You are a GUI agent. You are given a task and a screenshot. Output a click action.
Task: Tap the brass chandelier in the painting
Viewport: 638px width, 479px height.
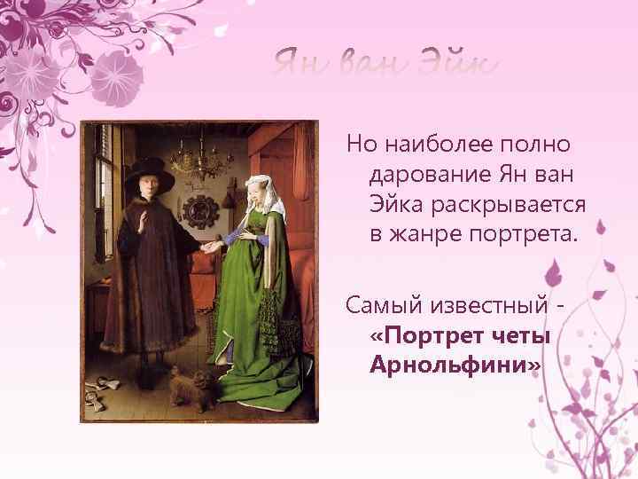pos(196,161)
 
